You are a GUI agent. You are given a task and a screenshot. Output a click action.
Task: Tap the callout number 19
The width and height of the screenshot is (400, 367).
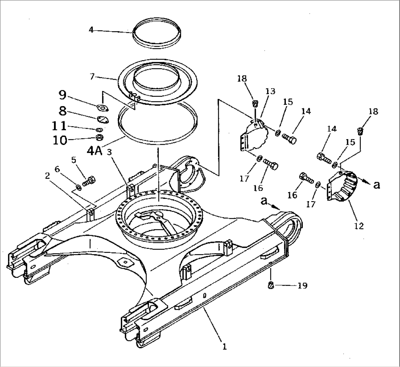(303, 285)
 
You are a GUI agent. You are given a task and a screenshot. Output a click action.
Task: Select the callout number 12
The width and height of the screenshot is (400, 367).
(359, 226)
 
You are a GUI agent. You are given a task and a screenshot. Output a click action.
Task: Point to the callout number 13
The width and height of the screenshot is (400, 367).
(270, 91)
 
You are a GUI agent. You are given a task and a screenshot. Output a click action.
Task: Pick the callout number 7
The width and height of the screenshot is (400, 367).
(92, 76)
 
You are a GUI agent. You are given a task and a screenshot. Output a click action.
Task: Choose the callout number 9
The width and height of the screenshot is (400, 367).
(63, 96)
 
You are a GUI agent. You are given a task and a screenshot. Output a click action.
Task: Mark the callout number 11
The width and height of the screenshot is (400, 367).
(59, 126)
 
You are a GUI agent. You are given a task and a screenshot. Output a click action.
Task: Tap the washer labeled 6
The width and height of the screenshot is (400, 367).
(79, 188)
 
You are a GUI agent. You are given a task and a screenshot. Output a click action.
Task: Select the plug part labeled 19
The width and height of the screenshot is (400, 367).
(272, 285)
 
